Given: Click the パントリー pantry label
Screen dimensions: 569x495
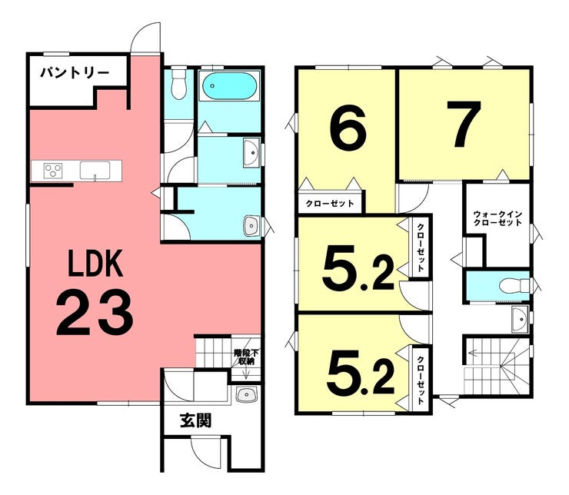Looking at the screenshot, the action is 75,73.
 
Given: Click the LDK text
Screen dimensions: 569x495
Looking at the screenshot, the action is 95,263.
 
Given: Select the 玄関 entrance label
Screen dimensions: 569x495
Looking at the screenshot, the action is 196,420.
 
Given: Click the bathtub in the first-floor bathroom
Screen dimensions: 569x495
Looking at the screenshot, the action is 229,85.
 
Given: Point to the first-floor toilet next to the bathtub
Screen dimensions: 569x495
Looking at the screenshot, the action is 178,84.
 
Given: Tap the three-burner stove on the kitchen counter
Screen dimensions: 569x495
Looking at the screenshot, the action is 53,171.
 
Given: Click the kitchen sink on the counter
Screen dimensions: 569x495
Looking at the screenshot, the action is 95,171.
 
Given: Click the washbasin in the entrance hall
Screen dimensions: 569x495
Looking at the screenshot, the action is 246,394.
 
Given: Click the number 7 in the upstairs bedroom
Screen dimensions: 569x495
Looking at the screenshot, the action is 464,124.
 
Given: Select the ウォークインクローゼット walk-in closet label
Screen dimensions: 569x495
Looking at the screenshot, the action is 498,218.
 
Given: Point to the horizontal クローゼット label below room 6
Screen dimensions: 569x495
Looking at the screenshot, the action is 330,203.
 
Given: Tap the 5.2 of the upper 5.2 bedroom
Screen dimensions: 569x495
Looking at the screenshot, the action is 358,267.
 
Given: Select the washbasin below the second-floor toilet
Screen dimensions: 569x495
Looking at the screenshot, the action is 520,319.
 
